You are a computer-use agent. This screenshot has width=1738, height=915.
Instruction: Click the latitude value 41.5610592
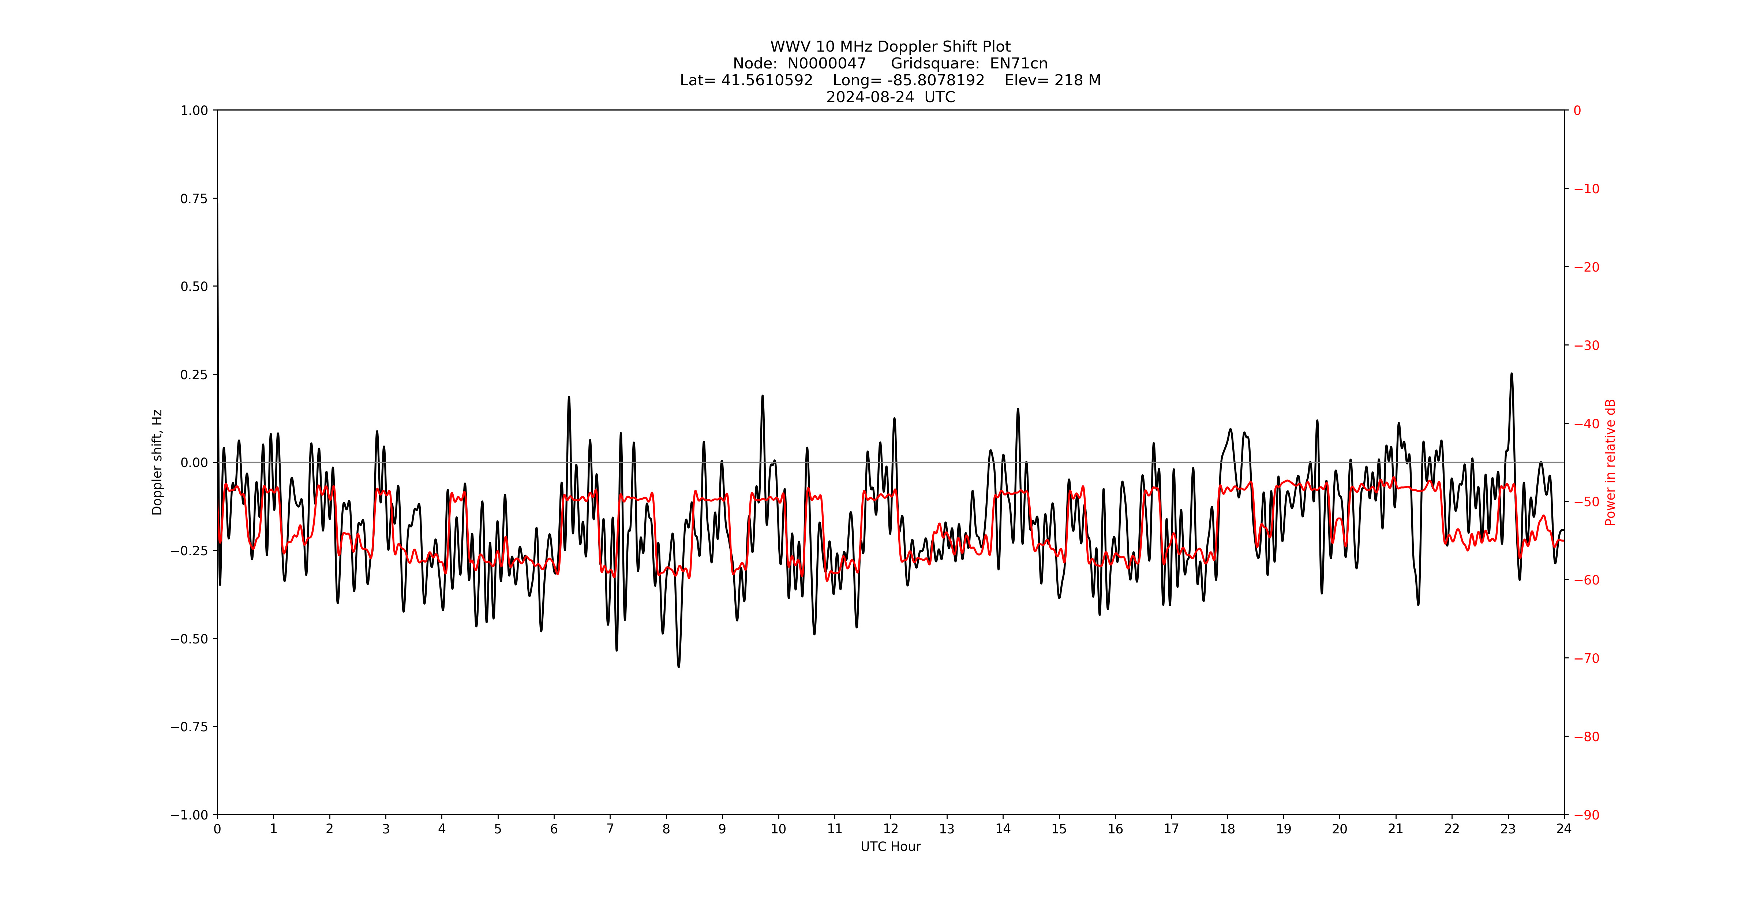pyautogui.click(x=767, y=80)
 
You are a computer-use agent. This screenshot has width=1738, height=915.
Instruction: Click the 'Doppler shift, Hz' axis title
pyautogui.click(x=157, y=462)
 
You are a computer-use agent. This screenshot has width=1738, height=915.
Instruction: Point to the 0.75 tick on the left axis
pyautogui.click(x=194, y=198)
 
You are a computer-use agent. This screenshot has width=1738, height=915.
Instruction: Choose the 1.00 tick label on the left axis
pyautogui.click(x=194, y=110)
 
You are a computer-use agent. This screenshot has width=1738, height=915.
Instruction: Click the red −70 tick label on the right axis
pyautogui.click(x=1586, y=658)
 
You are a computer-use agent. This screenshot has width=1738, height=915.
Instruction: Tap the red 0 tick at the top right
pyautogui.click(x=1577, y=111)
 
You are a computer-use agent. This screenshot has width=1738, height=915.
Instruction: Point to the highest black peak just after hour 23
pyautogui.click(x=1511, y=374)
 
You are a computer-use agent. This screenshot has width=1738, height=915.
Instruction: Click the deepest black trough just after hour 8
pyautogui.click(x=679, y=667)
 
